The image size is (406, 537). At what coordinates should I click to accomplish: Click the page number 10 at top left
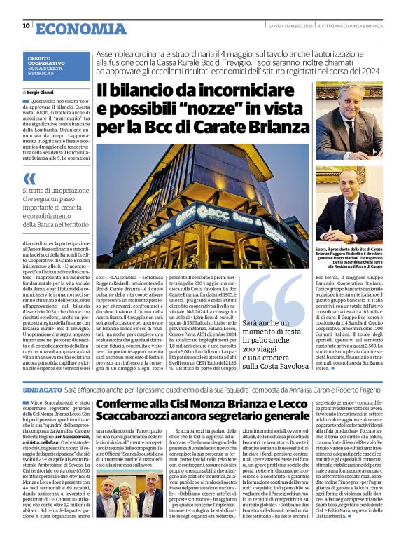(x=26, y=26)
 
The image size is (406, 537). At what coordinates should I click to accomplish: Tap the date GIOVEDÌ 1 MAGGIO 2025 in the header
(x=289, y=26)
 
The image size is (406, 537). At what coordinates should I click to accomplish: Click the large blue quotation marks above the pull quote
(x=274, y=294)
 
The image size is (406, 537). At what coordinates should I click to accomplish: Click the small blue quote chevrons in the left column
(x=29, y=179)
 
